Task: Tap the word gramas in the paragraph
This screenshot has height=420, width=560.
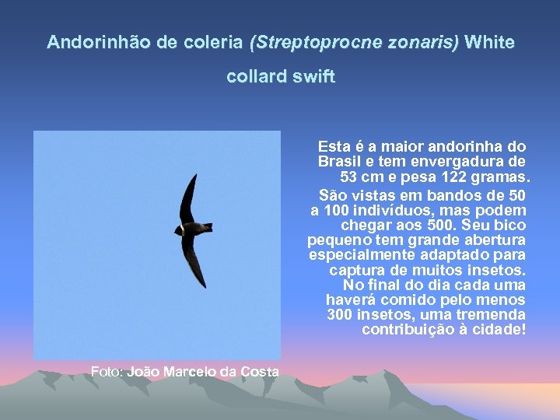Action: click(x=506, y=176)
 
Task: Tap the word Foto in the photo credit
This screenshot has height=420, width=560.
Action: click(x=106, y=372)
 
